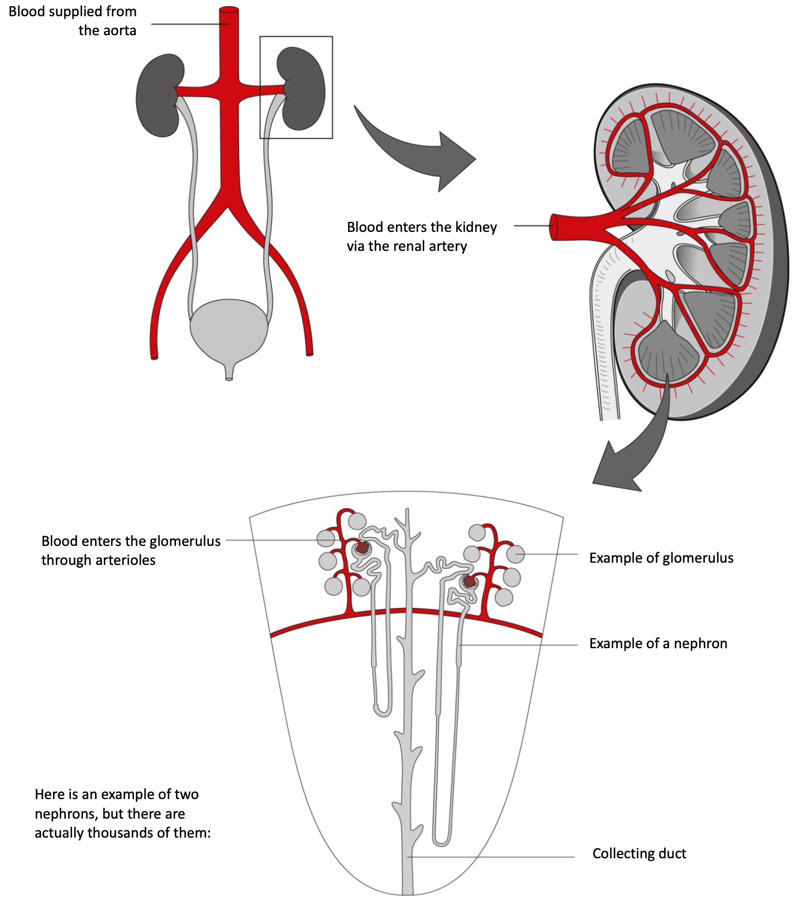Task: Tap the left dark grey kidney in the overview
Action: click(x=157, y=95)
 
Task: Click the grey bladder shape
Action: click(x=229, y=330)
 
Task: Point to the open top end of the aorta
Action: click(x=228, y=10)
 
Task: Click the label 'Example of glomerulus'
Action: click(x=661, y=558)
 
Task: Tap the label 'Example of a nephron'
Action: click(x=658, y=644)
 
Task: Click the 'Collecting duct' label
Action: click(x=639, y=854)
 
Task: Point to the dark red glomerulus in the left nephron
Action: click(x=363, y=548)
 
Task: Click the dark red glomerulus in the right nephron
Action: click(x=469, y=582)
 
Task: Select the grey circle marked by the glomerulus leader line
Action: click(x=515, y=554)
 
